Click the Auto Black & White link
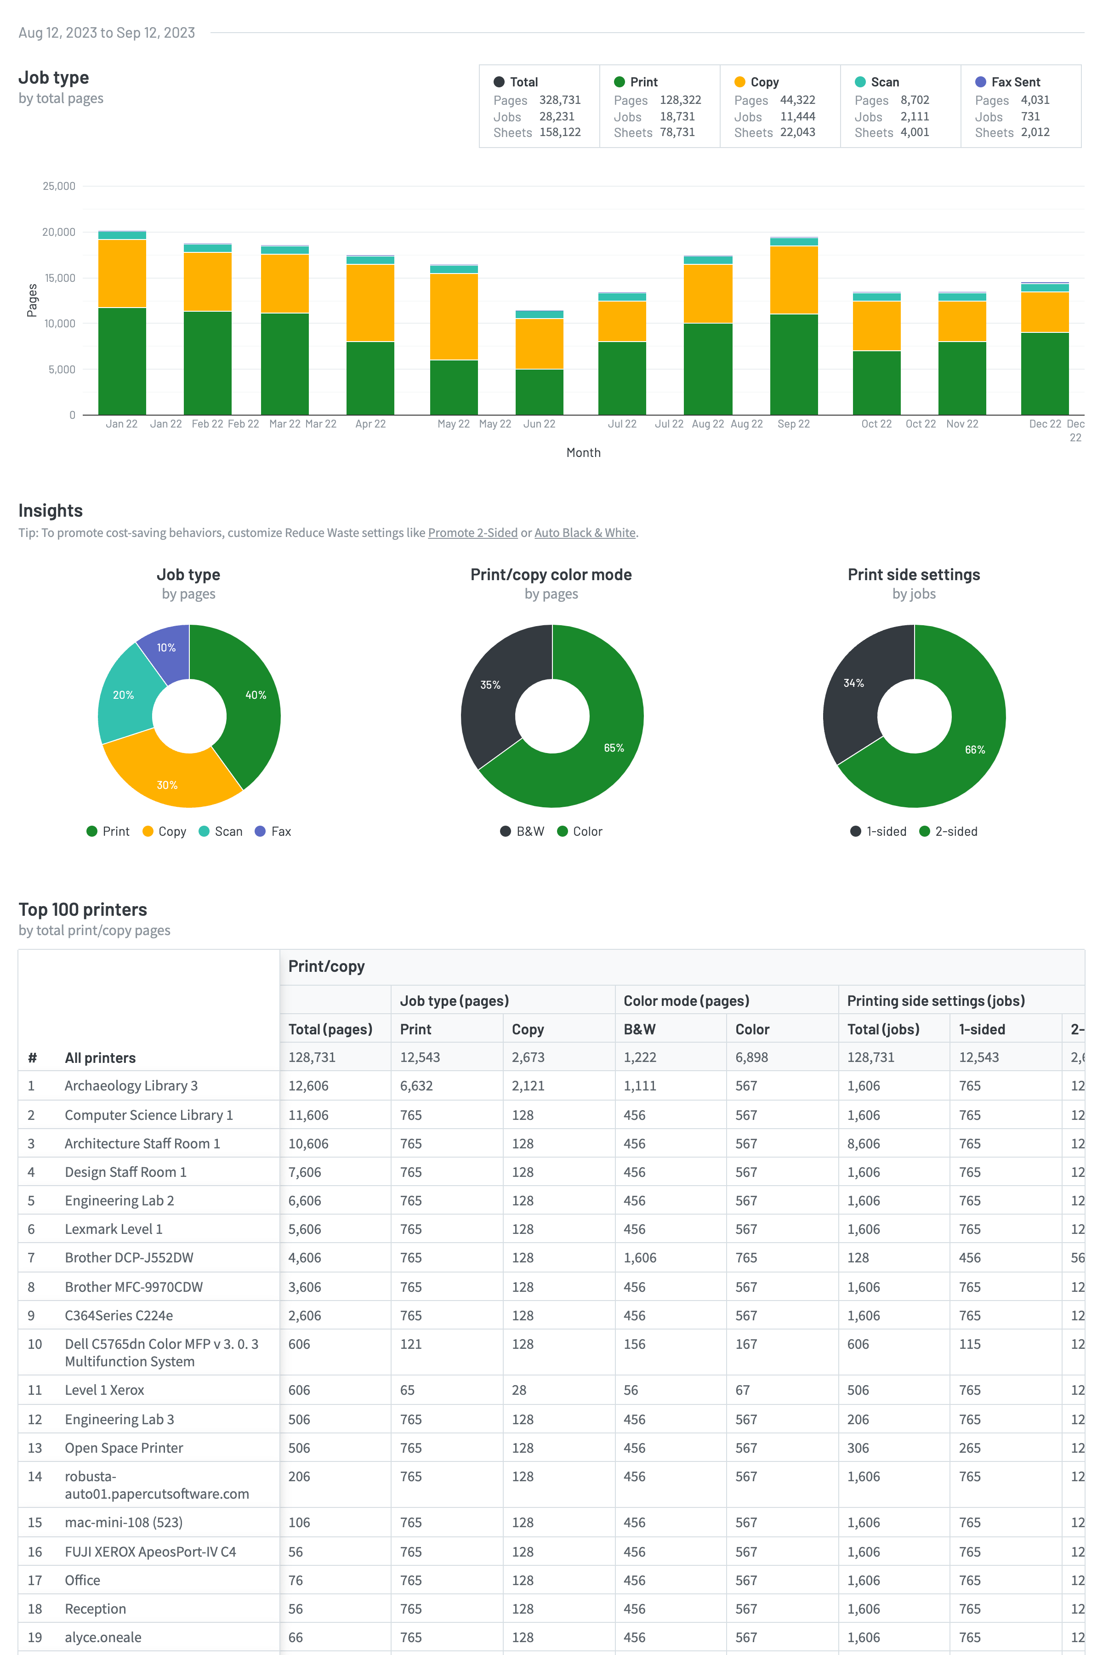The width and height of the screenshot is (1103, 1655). (x=585, y=533)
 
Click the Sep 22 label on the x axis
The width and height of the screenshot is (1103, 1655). (x=794, y=423)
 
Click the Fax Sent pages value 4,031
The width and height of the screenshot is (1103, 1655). (x=1035, y=100)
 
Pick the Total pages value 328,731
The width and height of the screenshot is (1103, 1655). (x=560, y=100)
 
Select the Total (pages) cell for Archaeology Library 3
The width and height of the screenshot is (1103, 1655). (x=308, y=1086)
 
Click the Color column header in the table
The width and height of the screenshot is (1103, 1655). (x=752, y=1029)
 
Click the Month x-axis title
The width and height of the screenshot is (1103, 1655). (x=583, y=452)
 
